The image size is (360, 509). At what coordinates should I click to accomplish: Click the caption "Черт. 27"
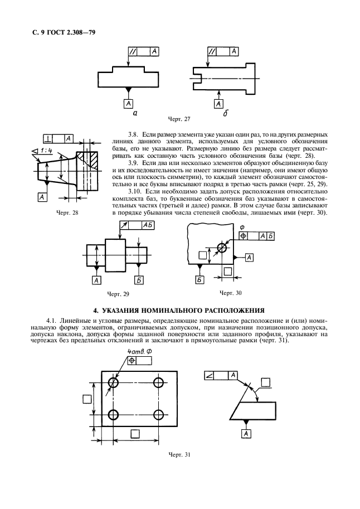pyautogui.click(x=179, y=119)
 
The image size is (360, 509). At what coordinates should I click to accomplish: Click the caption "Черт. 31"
pyautogui.click(x=179, y=454)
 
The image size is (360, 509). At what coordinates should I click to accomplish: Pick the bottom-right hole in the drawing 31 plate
pyautogui.click(x=158, y=415)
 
